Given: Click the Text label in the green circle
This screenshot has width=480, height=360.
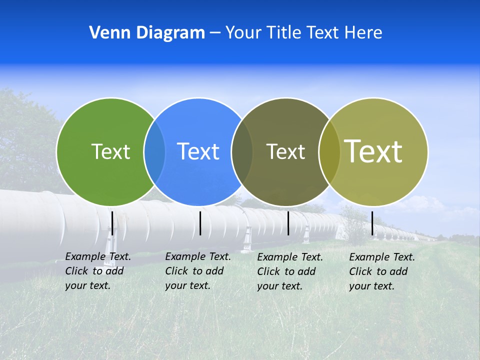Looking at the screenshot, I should click(x=110, y=151).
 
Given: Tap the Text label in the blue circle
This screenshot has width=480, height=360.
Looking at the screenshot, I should click(x=198, y=151).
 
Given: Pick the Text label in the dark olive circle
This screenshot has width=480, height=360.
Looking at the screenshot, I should click(x=285, y=151).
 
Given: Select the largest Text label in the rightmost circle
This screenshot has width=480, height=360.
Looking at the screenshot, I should click(x=373, y=151).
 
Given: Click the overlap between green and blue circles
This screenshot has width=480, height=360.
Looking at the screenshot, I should click(x=154, y=152).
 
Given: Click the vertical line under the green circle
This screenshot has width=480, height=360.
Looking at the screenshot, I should click(x=112, y=223).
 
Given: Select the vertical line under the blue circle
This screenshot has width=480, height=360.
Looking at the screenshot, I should click(x=200, y=223).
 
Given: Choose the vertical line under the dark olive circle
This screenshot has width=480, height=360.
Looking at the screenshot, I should click(x=288, y=223).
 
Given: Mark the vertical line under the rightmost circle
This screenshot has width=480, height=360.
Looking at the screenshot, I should click(x=372, y=223).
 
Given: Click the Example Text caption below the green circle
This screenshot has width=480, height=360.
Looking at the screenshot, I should click(x=98, y=271).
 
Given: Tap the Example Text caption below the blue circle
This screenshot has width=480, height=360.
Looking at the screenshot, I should click(x=198, y=271).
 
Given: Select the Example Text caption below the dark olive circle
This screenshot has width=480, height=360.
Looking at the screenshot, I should click(x=290, y=271).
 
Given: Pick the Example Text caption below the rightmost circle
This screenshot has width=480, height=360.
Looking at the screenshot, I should click(x=382, y=271).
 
